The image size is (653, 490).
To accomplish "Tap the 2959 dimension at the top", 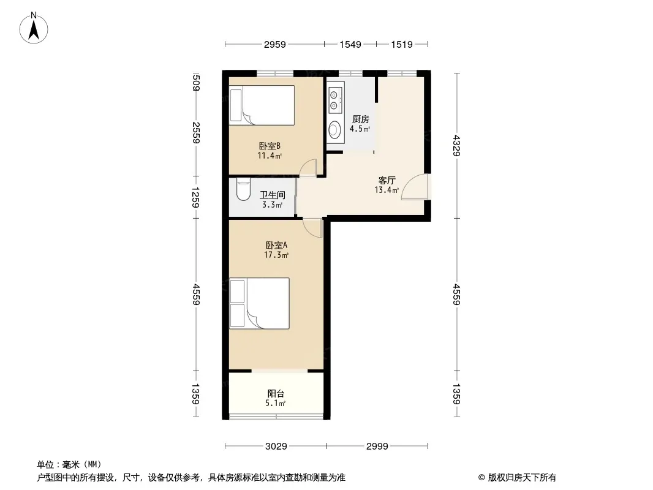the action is [275, 44].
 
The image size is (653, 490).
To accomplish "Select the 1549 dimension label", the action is [350, 44].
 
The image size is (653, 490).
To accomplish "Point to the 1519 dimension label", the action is [402, 44].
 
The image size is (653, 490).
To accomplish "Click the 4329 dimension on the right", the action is [457, 145].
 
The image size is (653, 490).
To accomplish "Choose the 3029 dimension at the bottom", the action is [276, 447].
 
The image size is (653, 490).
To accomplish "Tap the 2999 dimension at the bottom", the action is [377, 447].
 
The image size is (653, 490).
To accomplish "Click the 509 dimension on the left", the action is [197, 82].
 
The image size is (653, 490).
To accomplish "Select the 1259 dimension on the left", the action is [196, 197].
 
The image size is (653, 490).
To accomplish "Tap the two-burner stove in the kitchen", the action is [334, 100].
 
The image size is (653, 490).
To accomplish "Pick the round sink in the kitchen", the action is [334, 130].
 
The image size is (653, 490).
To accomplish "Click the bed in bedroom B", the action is [262, 105].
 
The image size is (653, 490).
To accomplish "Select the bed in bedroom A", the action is [259, 303].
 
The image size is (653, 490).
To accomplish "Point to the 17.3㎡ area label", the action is [276, 255].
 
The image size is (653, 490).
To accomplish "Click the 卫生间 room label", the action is [273, 194].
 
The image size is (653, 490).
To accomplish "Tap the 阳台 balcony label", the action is [276, 393].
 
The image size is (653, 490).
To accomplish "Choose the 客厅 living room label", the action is [387, 180].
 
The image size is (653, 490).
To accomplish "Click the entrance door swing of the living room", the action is [415, 187].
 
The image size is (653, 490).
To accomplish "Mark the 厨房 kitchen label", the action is [361, 119].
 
